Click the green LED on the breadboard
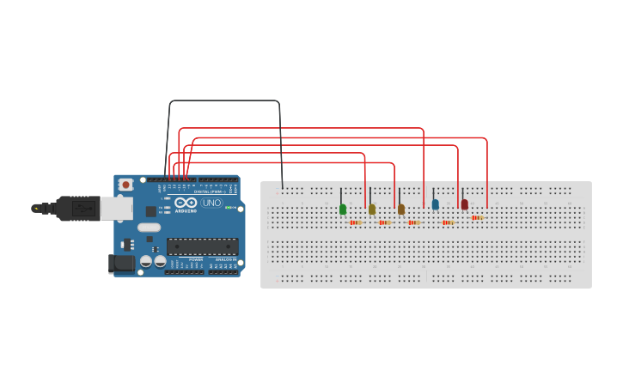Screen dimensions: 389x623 click(x=343, y=209)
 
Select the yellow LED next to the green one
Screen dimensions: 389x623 click(x=372, y=209)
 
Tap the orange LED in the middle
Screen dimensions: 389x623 click(x=401, y=209)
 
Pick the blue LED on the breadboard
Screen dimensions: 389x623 click(x=436, y=204)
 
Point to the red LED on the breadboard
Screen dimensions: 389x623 click(x=465, y=204)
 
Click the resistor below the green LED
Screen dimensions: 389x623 click(x=356, y=222)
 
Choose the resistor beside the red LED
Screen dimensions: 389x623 click(x=477, y=218)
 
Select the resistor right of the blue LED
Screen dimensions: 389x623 click(x=448, y=222)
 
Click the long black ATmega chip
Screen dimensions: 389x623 click(x=203, y=246)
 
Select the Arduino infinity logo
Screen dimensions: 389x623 click(x=186, y=204)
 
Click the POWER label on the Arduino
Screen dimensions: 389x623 click(x=195, y=258)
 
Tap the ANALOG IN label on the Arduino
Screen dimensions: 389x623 click(x=225, y=258)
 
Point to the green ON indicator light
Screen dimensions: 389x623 click(x=229, y=207)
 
